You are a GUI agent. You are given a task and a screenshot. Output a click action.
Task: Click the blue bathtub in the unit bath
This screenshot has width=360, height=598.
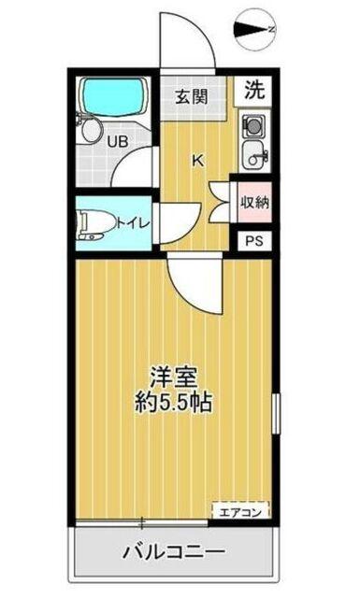(x=114, y=95)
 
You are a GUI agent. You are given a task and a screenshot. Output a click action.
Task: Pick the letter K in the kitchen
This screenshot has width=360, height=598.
(x=197, y=159)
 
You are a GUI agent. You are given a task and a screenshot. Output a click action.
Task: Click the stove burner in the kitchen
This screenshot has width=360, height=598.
(x=253, y=124)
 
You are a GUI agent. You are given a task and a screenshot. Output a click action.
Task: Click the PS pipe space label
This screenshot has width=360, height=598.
(x=252, y=241)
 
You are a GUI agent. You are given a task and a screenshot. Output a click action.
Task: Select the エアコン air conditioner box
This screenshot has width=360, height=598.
(x=242, y=511)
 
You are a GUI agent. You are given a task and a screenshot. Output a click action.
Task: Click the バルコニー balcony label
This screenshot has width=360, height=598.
(x=173, y=551)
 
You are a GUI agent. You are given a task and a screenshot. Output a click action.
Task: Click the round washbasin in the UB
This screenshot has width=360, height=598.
(x=90, y=130)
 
